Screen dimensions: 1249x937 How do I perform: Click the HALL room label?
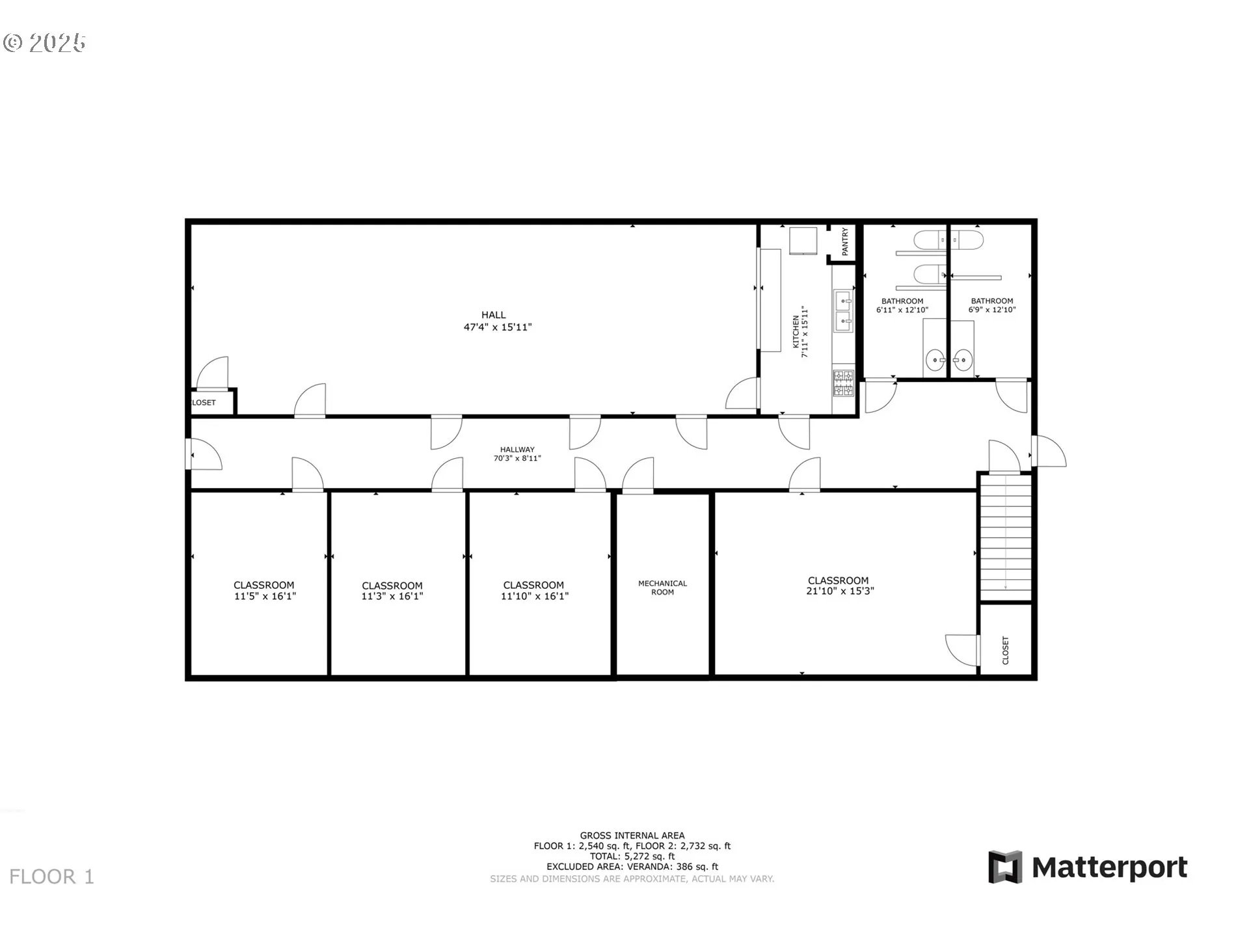[x=494, y=315]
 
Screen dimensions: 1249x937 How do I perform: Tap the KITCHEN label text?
[x=796, y=332]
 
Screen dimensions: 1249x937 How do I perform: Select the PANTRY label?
[x=845, y=241]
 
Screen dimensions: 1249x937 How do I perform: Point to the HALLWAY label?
[x=517, y=449]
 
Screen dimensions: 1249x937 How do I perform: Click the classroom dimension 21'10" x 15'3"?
[x=839, y=591]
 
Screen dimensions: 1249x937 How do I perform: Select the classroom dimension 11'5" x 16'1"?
[x=265, y=596]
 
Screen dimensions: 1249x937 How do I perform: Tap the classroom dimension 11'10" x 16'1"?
[x=535, y=596]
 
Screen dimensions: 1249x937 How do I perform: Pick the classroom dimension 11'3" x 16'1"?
[x=392, y=596]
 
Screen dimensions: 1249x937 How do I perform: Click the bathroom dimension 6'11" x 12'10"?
[x=902, y=310]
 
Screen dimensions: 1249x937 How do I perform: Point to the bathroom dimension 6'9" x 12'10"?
[x=992, y=310]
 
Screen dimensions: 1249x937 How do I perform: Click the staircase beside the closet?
[x=1006, y=537]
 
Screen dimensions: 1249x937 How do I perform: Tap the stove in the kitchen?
[x=843, y=383]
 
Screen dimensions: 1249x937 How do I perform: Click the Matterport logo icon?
[x=1005, y=867]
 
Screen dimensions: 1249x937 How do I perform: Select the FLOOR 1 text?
[x=52, y=877]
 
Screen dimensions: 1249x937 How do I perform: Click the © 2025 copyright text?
[x=44, y=43]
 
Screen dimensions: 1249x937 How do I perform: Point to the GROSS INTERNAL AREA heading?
[x=632, y=835]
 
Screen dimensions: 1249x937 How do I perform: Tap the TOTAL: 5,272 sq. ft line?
[x=632, y=856]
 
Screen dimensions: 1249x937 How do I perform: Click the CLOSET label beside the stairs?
[x=1005, y=651]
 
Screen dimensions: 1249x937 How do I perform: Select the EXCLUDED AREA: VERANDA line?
[x=632, y=867]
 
